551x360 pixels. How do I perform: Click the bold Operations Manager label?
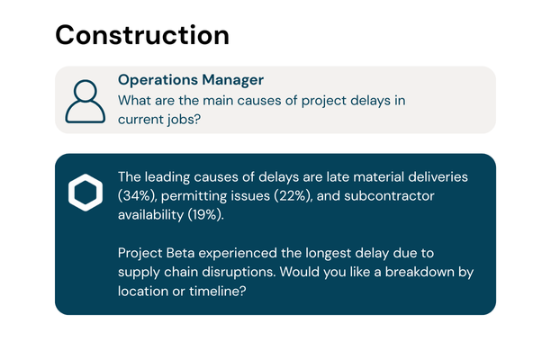pyautogui.click(x=190, y=80)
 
